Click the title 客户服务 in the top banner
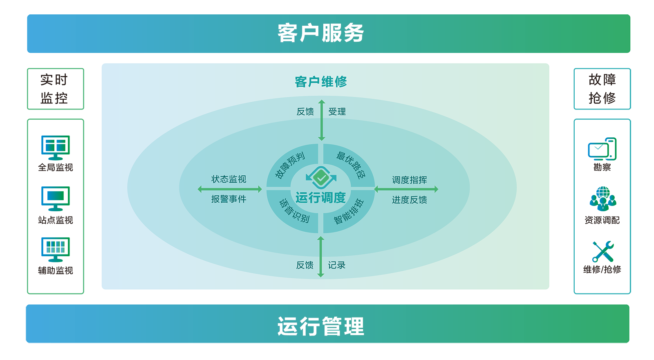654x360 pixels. (x=321, y=33)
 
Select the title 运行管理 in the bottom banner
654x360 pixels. (x=321, y=326)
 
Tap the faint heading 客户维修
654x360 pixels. (x=321, y=82)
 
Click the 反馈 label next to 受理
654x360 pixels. (x=305, y=112)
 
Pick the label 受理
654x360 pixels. (x=337, y=112)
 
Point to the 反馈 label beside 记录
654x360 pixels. (x=305, y=265)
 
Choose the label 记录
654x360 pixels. (x=337, y=265)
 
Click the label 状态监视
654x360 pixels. (x=229, y=179)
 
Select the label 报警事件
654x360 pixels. (x=229, y=199)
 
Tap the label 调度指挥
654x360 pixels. (x=410, y=180)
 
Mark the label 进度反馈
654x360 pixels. (x=410, y=200)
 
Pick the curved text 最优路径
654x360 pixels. (x=351, y=165)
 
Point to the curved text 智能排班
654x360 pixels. (x=349, y=212)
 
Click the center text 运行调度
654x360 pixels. (x=321, y=198)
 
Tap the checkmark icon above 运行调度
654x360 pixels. (x=321, y=177)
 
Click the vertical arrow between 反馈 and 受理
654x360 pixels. (x=322, y=120)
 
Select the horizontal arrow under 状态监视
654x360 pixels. (x=230, y=189)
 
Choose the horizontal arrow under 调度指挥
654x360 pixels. (x=406, y=189)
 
